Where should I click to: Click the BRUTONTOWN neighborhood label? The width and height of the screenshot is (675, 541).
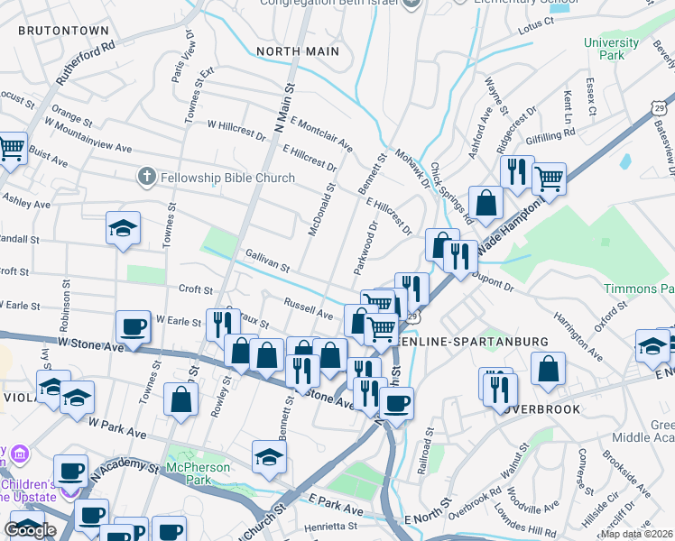tap(62, 30)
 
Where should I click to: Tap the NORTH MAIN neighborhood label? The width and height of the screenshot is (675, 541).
tap(298, 51)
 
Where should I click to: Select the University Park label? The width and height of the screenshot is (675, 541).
tap(610, 49)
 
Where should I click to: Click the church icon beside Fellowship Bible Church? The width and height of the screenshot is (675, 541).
tap(146, 178)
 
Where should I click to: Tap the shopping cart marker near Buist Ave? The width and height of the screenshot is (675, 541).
tap(12, 147)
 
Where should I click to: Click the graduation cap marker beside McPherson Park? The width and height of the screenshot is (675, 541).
tap(269, 456)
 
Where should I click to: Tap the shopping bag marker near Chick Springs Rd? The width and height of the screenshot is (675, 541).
tap(485, 203)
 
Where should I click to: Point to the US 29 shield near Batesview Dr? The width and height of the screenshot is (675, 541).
tap(663, 106)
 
